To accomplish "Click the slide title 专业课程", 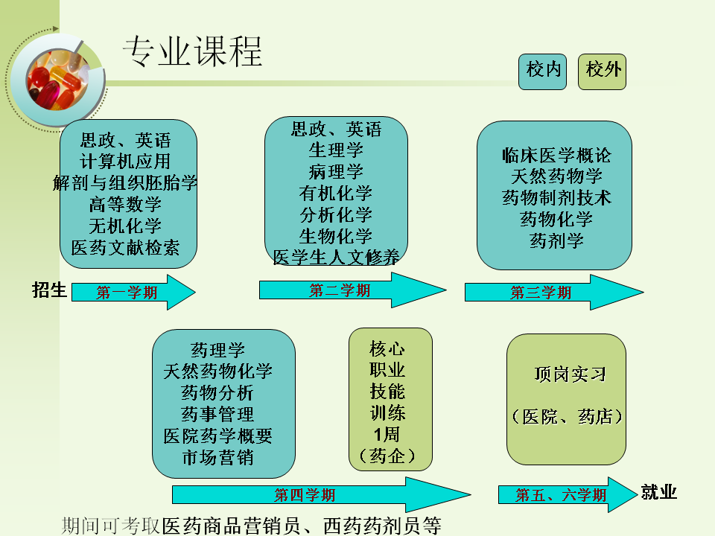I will click(x=192, y=51).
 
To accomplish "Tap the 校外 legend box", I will click(x=602, y=71).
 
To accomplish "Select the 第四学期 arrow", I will click(x=305, y=495).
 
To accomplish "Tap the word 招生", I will click(x=49, y=290).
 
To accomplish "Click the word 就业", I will click(x=659, y=492).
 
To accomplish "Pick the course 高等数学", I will click(x=125, y=204).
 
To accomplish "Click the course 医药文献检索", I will click(x=125, y=247).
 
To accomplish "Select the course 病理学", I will click(x=336, y=172).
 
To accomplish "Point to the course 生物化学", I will click(x=336, y=237).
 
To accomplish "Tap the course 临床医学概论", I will click(x=556, y=156).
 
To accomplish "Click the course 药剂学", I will click(x=556, y=240).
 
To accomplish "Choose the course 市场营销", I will click(x=217, y=457).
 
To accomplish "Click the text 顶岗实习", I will click(x=571, y=374).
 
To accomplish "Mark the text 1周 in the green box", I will click(x=388, y=433).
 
